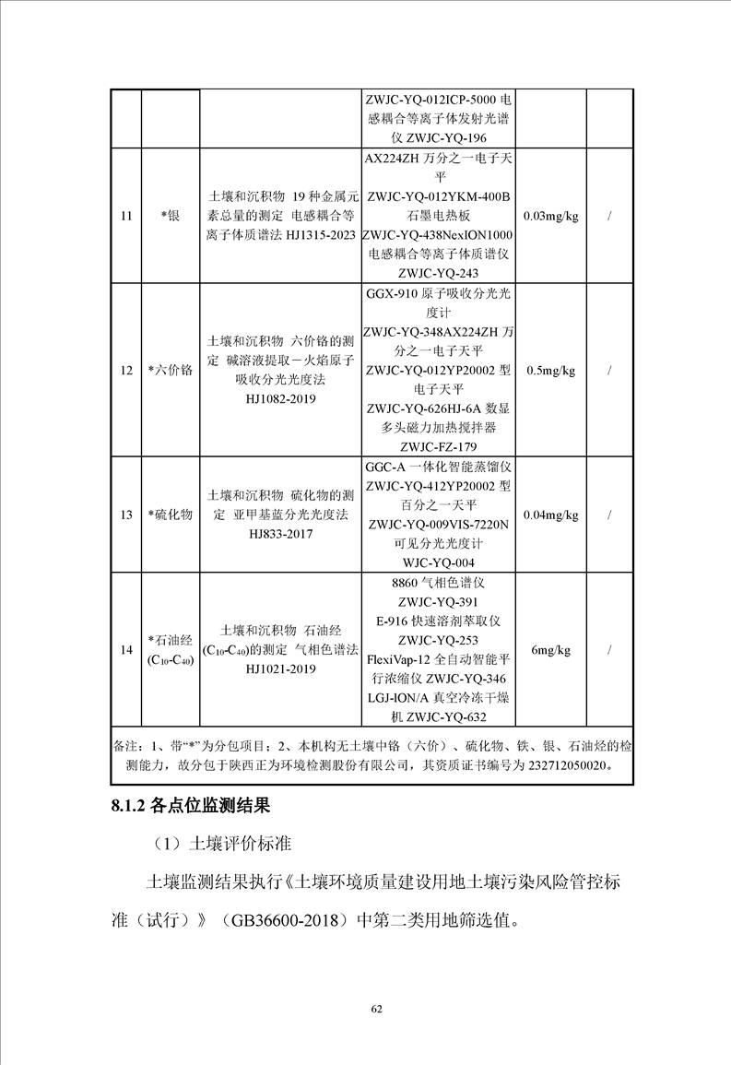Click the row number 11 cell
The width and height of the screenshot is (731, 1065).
(x=125, y=216)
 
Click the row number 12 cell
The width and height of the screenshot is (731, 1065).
(x=125, y=371)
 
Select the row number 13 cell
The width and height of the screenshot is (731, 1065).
(x=125, y=515)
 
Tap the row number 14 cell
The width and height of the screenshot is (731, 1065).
(x=125, y=650)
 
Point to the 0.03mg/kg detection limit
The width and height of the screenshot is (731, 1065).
(x=550, y=216)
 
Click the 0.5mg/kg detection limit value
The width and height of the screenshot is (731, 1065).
(x=550, y=371)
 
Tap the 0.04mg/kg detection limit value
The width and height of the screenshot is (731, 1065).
(x=550, y=515)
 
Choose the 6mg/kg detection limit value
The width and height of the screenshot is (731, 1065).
(x=550, y=650)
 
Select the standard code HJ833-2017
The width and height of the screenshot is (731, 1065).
(x=280, y=534)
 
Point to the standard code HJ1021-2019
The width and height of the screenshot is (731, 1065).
(x=280, y=669)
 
